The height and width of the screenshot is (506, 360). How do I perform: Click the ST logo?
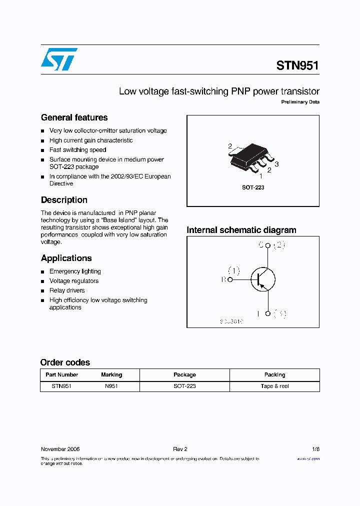pos(59,59)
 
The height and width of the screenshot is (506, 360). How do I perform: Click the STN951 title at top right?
pos(297,65)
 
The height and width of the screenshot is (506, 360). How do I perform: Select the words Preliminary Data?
pos(300,102)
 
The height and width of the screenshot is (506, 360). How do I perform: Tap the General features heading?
pos(74,117)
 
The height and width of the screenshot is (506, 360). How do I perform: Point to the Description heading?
pos(64,200)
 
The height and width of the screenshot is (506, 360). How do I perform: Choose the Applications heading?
pos(66,258)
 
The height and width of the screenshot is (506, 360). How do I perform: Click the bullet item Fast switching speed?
pos(77,150)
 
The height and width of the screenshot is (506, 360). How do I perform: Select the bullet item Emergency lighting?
pos(75,271)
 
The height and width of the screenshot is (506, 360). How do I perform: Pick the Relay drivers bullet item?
pos(67,290)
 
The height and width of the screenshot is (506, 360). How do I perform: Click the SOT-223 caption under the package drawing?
pos(253,187)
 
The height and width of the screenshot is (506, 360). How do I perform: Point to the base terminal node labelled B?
pos(230,280)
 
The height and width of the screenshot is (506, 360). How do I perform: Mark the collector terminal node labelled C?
pos(268,245)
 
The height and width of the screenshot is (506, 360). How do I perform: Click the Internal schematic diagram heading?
pos(241,230)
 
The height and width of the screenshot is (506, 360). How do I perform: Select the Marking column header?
pos(111,374)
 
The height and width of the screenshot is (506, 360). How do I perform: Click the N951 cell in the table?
pos(111,386)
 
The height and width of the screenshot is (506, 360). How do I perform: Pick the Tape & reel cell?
pos(274,386)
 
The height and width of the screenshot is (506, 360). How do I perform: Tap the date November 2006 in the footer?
pos(60,449)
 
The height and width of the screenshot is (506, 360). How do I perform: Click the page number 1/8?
pos(315,449)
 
